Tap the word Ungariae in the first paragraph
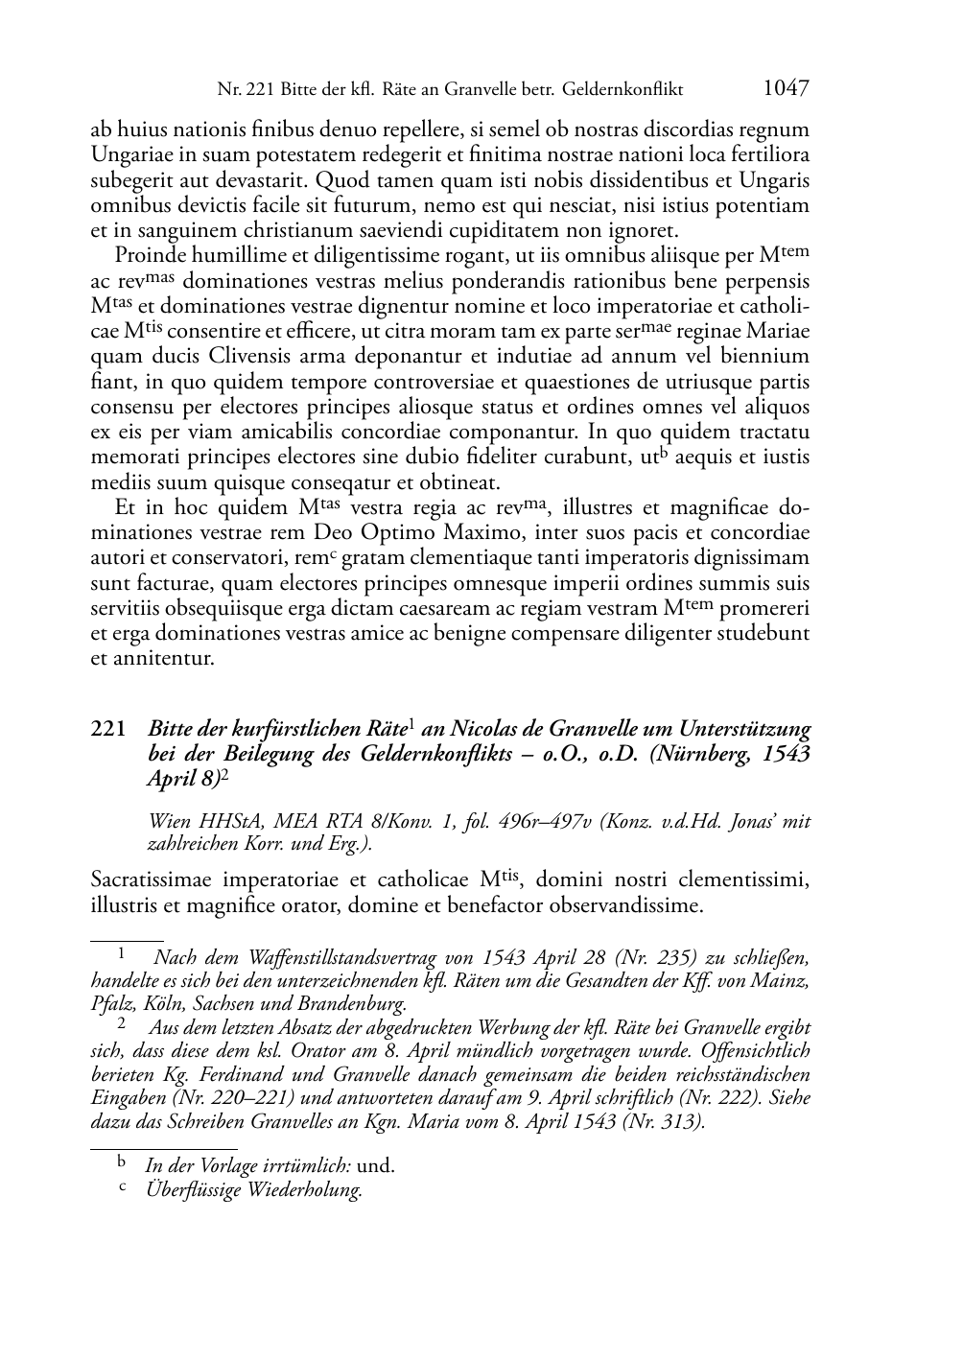pos(128,154)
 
